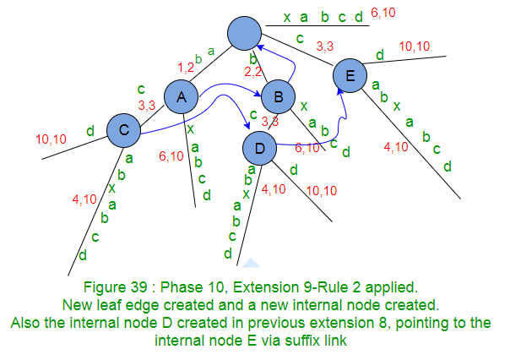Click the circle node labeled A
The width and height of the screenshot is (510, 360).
(180, 98)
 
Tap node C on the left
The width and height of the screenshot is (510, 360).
(123, 130)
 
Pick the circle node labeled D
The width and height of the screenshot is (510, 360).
(259, 150)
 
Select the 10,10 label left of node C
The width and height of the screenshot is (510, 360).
(54, 137)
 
